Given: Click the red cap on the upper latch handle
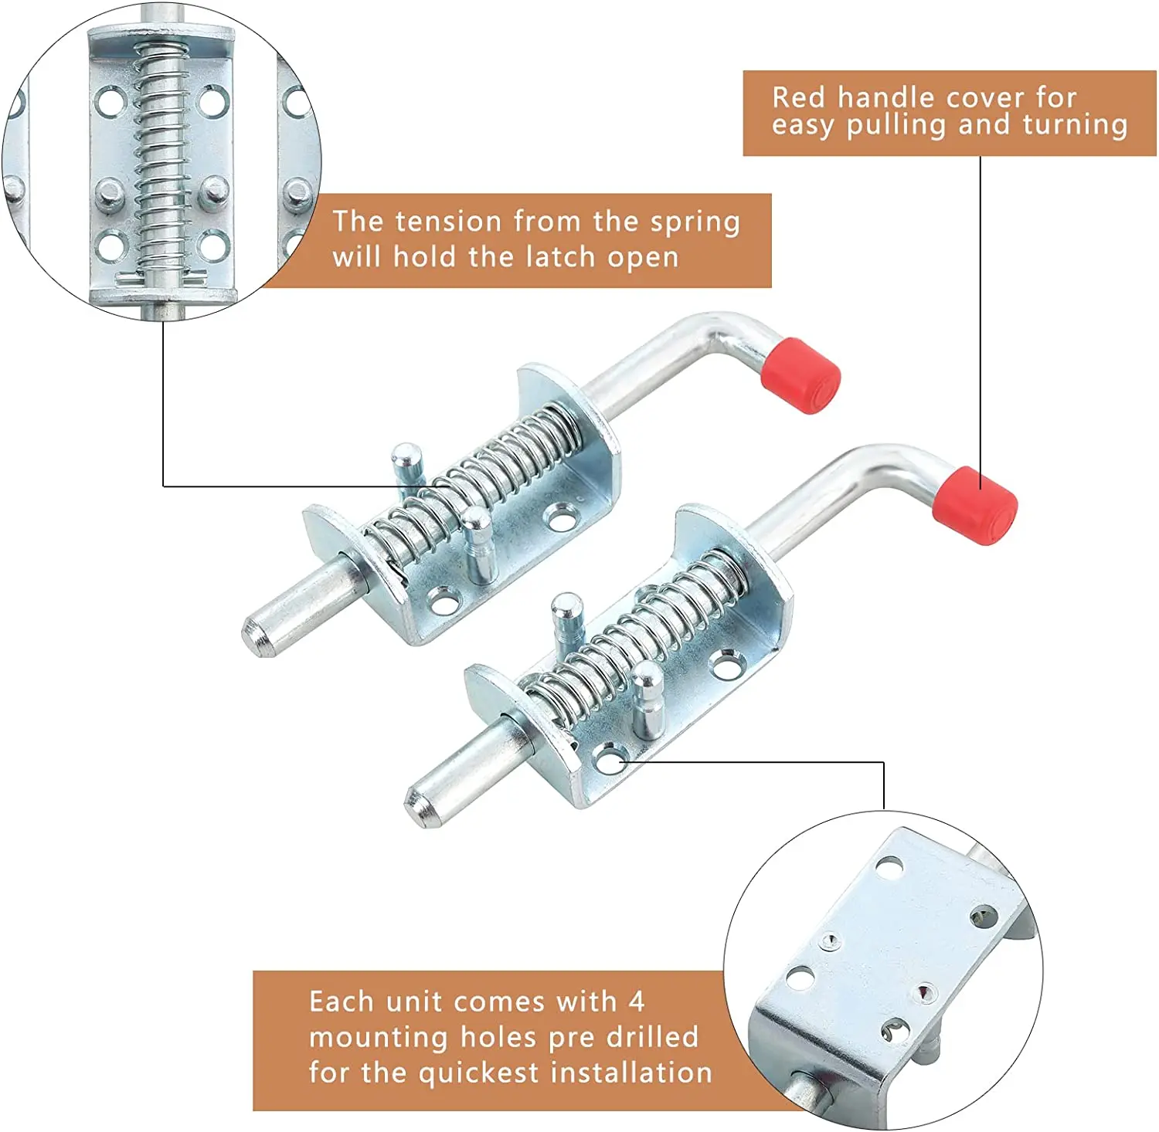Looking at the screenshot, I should tap(800, 375).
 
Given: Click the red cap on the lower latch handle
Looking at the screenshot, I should tap(974, 506).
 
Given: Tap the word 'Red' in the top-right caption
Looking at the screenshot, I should tap(799, 98).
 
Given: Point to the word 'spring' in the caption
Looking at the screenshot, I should tap(695, 223).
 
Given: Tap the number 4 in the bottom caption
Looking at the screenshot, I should tap(636, 1002).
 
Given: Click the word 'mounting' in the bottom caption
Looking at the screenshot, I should tap(378, 1038).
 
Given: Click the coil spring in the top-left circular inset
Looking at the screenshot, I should tap(162, 162).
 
